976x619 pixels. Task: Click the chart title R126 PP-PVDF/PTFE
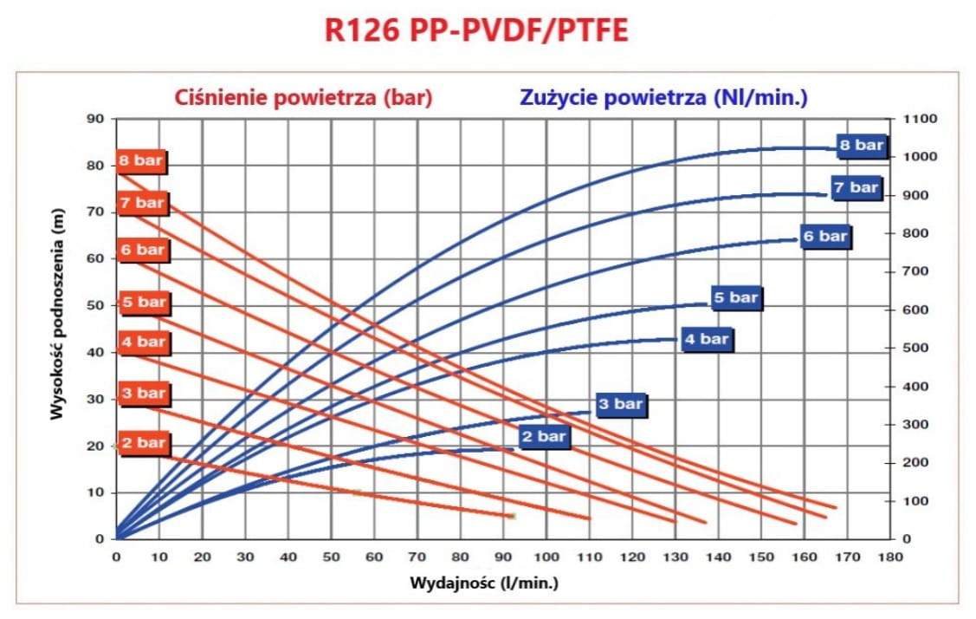[x=476, y=30]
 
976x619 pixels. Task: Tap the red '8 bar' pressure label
[x=141, y=161]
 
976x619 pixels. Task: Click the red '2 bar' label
[x=143, y=443]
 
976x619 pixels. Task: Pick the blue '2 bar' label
[x=543, y=436]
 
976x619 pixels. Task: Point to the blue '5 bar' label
[x=736, y=297]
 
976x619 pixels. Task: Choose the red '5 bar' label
[x=143, y=303]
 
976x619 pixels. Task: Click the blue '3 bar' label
[x=621, y=404]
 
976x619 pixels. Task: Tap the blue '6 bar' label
[x=825, y=237]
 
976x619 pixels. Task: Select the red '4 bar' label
[x=143, y=342]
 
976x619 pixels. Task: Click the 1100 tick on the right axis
[x=920, y=119]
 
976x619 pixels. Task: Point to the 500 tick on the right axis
[x=915, y=348]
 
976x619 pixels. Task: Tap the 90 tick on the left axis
[x=95, y=119]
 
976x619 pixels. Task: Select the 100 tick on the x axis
[x=546, y=557]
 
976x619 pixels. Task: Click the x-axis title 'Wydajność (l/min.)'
[x=483, y=583]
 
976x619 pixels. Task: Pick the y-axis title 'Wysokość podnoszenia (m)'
[x=57, y=314]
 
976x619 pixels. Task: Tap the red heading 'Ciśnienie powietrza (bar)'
[x=303, y=98]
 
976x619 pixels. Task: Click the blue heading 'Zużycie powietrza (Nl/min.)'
[x=663, y=98]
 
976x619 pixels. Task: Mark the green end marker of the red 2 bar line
[x=512, y=516]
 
